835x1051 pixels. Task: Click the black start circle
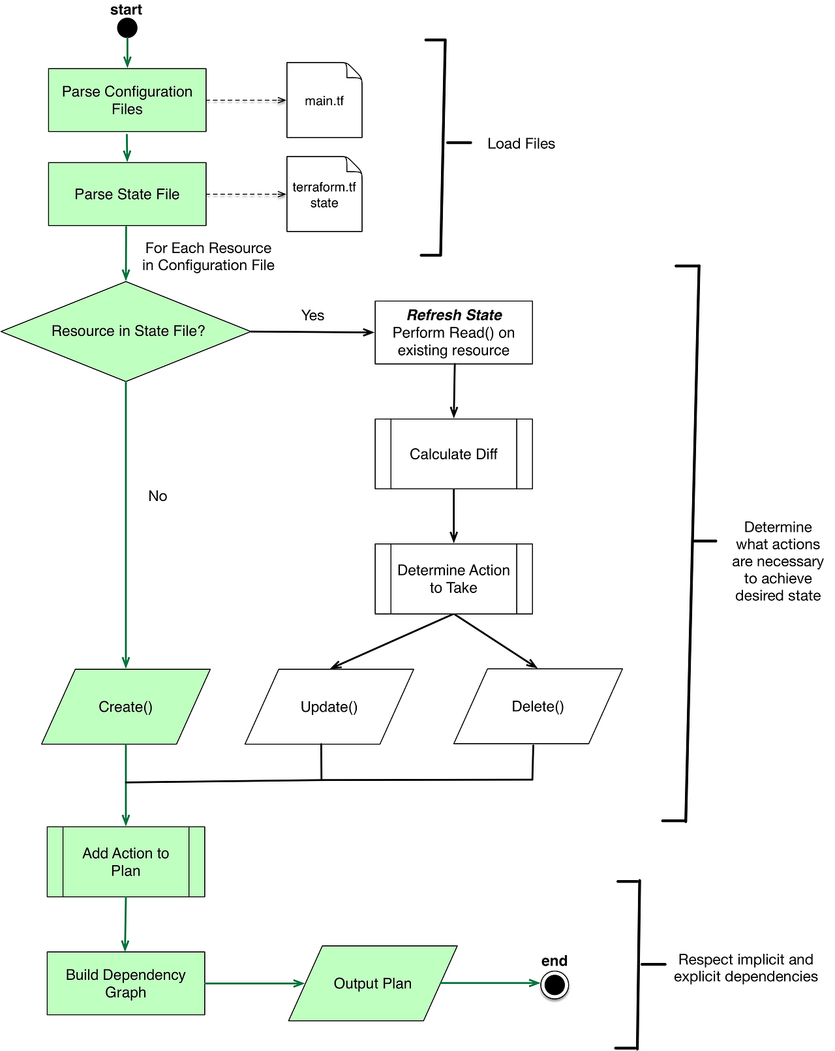tap(127, 28)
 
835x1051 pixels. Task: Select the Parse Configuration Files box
tap(127, 100)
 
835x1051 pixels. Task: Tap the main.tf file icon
tap(324, 100)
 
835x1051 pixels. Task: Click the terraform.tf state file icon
tap(324, 194)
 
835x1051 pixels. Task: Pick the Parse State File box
tap(127, 194)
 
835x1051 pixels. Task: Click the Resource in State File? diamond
tap(126, 331)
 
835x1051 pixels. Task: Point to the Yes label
tap(312, 315)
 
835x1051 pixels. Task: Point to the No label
tap(158, 496)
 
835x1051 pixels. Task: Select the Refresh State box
tap(453, 333)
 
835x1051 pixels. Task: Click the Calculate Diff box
tap(453, 454)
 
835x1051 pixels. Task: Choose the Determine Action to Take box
tap(453, 579)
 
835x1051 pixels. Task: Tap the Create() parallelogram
tap(126, 707)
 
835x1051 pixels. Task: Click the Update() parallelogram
tap(329, 707)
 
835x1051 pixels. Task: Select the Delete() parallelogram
tap(538, 706)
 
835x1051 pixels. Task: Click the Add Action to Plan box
tap(126, 862)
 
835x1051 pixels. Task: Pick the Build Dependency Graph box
tap(126, 983)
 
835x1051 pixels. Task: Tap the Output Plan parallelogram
tap(372, 983)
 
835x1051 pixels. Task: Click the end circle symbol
tap(554, 984)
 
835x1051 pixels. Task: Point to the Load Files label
tap(521, 144)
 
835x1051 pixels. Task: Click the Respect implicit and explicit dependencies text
tap(746, 967)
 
